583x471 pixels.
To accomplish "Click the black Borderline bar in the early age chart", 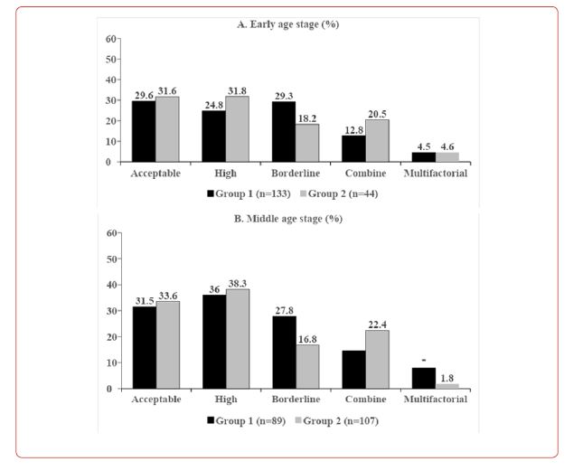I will pos(284,132).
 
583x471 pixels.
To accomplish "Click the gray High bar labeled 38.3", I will pos(237,339).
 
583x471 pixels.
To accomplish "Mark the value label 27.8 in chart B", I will pos(285,308).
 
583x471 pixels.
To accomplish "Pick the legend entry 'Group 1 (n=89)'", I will pos(247,419).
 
